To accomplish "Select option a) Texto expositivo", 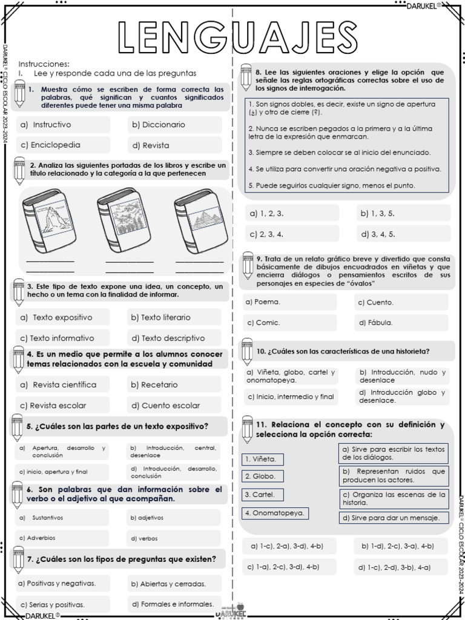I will pyautogui.click(x=63, y=317).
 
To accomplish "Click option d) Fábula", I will pyautogui.click(x=401, y=323).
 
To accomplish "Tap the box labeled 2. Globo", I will pyautogui.click(x=262, y=477).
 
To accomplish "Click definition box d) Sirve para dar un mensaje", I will pyautogui.click(x=393, y=518).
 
